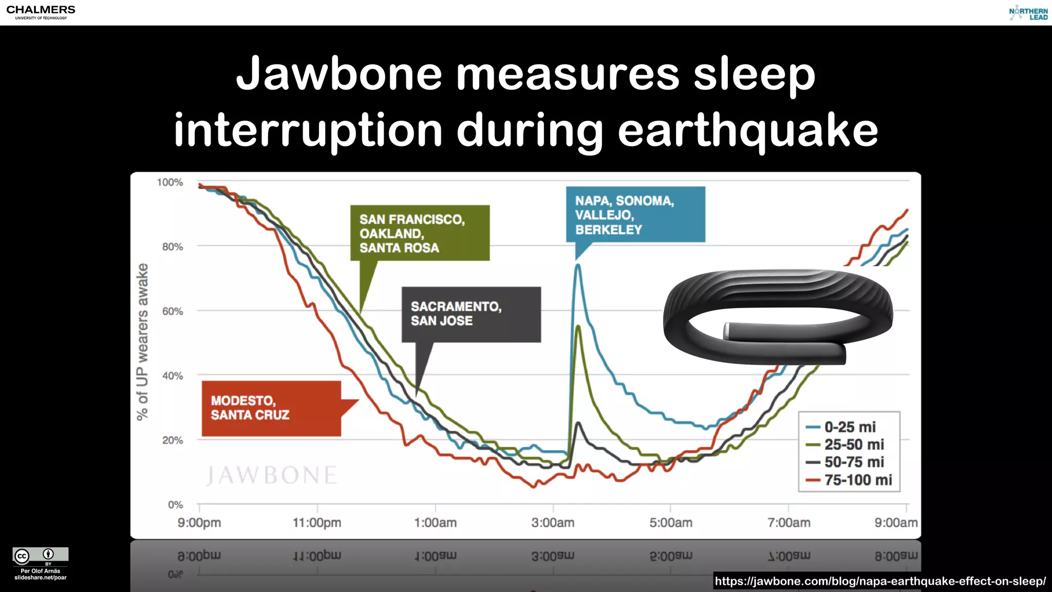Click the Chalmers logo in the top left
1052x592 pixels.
(41, 12)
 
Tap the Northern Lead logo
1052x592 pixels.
(1028, 13)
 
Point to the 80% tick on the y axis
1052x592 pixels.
(173, 247)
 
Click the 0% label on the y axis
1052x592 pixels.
(175, 505)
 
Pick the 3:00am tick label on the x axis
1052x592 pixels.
(553, 523)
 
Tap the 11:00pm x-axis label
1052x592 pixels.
(317, 523)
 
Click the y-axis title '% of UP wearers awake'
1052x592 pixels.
(142, 342)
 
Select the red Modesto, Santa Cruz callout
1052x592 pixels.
(271, 408)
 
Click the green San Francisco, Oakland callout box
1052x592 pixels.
(420, 233)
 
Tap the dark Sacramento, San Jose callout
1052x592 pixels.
(471, 314)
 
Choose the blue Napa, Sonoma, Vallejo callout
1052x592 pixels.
(635, 215)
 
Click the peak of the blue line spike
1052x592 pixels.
(578, 265)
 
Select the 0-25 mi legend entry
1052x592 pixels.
(849, 427)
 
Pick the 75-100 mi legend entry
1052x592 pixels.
(849, 480)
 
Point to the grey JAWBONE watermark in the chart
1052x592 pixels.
(272, 475)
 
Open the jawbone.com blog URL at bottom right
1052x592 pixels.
(880, 581)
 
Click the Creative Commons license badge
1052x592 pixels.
(41, 556)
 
